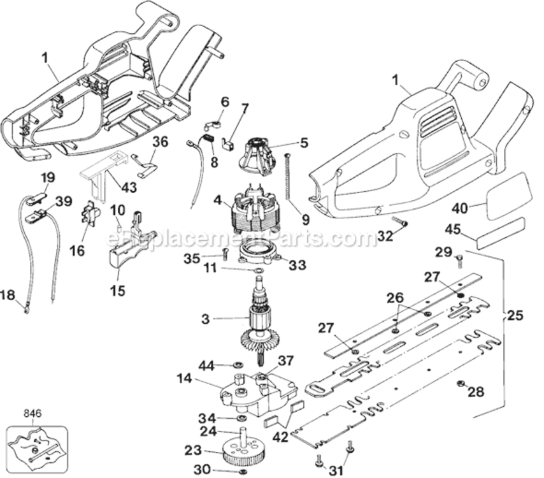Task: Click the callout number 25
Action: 514,315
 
